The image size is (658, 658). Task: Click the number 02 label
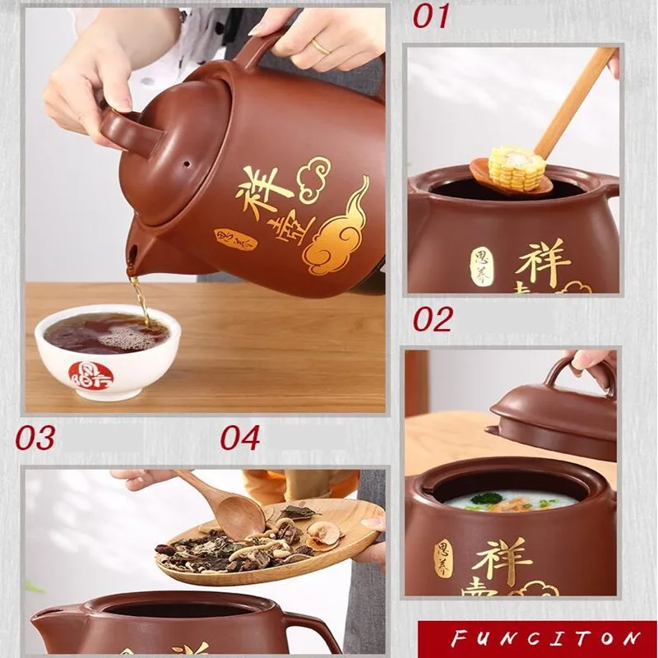pyautogui.click(x=433, y=319)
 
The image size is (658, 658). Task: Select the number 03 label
pyautogui.click(x=35, y=438)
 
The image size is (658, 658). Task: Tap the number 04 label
pyautogui.click(x=239, y=438)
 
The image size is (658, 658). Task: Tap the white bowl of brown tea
pyautogui.click(x=107, y=350)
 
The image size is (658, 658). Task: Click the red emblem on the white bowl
pyautogui.click(x=90, y=374)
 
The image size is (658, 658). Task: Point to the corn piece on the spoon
pyautogui.click(x=517, y=166)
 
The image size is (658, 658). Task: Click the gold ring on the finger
pyautogui.click(x=319, y=47)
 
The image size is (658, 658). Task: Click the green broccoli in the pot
pyautogui.click(x=488, y=498)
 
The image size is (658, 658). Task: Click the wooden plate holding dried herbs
pyautogui.click(x=271, y=543)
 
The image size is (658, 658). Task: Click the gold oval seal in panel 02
pyautogui.click(x=443, y=557)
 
